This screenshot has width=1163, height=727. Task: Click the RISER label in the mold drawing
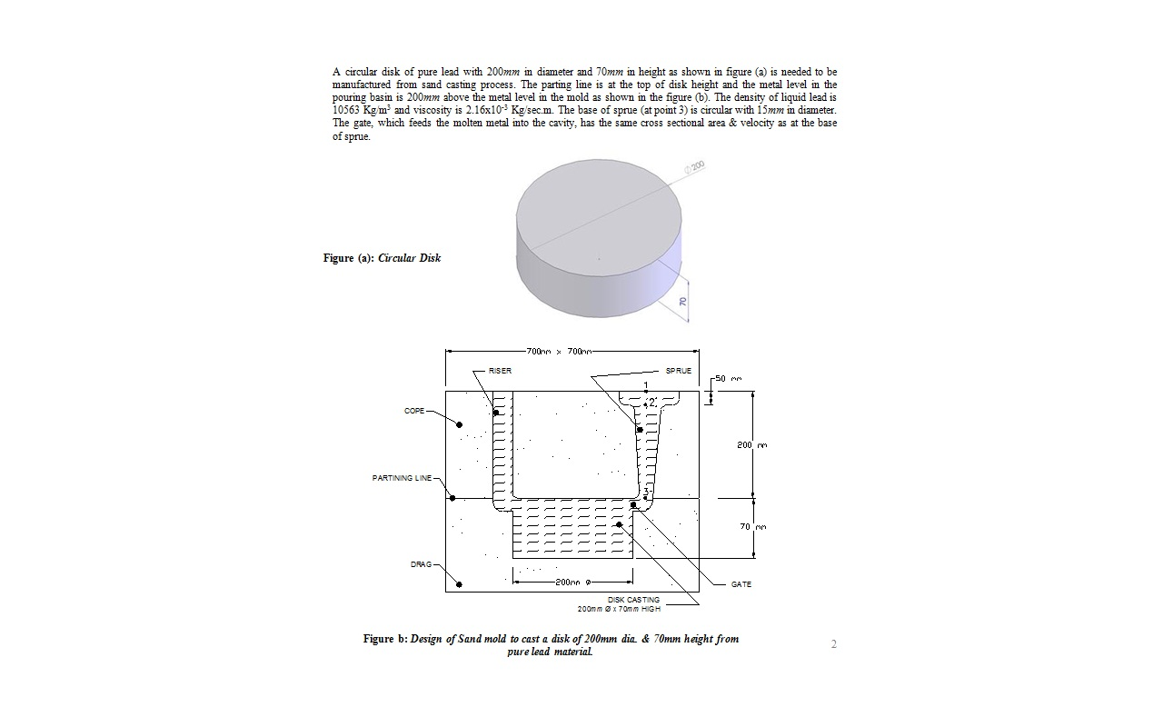pos(500,371)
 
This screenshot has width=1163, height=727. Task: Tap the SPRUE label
pos(679,371)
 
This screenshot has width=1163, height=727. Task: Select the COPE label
pos(414,411)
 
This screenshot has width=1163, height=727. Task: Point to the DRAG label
pos(421,564)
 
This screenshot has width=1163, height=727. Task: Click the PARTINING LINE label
pos(403,478)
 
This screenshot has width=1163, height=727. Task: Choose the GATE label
pos(741,584)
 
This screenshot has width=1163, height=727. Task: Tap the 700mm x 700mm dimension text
pos(559,351)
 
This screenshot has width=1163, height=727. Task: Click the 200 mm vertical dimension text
pos(751,445)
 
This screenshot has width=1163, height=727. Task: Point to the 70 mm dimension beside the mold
pos(753,527)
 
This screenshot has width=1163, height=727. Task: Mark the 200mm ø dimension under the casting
pos(573,583)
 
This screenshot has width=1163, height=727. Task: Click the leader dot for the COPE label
pos(460,424)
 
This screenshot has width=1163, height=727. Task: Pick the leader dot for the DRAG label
pos(459,584)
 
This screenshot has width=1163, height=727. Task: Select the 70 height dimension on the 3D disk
pos(682,302)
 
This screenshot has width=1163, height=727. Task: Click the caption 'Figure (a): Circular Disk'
pos(382,258)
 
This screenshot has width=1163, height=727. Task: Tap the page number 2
pos(833,644)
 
